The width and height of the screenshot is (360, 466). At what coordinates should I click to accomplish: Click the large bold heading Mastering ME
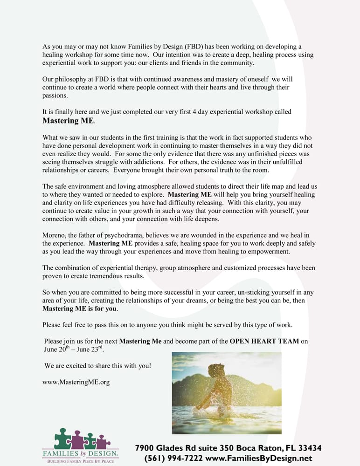[69, 121]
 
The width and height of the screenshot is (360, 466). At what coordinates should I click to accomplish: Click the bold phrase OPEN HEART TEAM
[264, 341]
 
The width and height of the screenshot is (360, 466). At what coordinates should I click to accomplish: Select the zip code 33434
[305, 448]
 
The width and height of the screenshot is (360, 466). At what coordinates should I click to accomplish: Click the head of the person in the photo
[216, 370]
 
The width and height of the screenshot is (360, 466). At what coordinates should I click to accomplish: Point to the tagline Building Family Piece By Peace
[80, 461]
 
